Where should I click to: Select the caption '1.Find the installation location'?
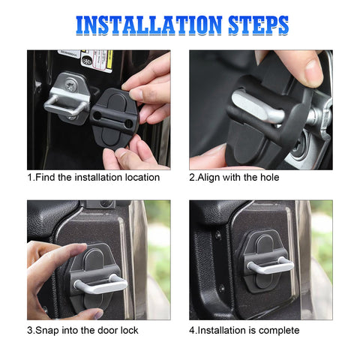(94, 178)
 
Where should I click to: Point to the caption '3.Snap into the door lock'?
(83, 331)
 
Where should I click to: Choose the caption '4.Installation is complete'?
(244, 331)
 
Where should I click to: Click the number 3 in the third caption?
(31, 331)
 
